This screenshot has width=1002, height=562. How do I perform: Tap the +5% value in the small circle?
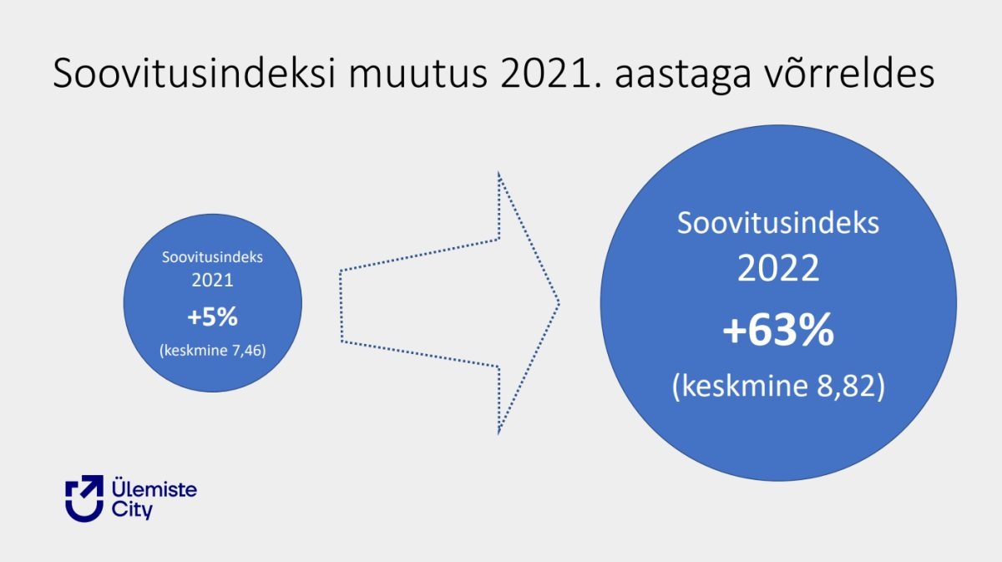tap(212, 316)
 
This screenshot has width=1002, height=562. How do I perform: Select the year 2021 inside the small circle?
tap(212, 280)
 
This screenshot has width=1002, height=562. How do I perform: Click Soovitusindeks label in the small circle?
tap(212, 257)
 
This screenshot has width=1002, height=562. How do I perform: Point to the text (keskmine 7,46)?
tap(212, 351)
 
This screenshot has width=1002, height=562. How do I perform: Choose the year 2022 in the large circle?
tap(778, 268)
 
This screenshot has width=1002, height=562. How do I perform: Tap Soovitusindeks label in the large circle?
tap(778, 222)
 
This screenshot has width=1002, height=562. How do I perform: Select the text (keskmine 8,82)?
tap(778, 386)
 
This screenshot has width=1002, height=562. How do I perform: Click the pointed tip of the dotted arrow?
tap(559, 304)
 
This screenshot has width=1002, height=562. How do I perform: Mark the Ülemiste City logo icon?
tap(84, 498)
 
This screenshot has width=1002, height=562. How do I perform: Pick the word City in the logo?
tap(132, 509)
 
